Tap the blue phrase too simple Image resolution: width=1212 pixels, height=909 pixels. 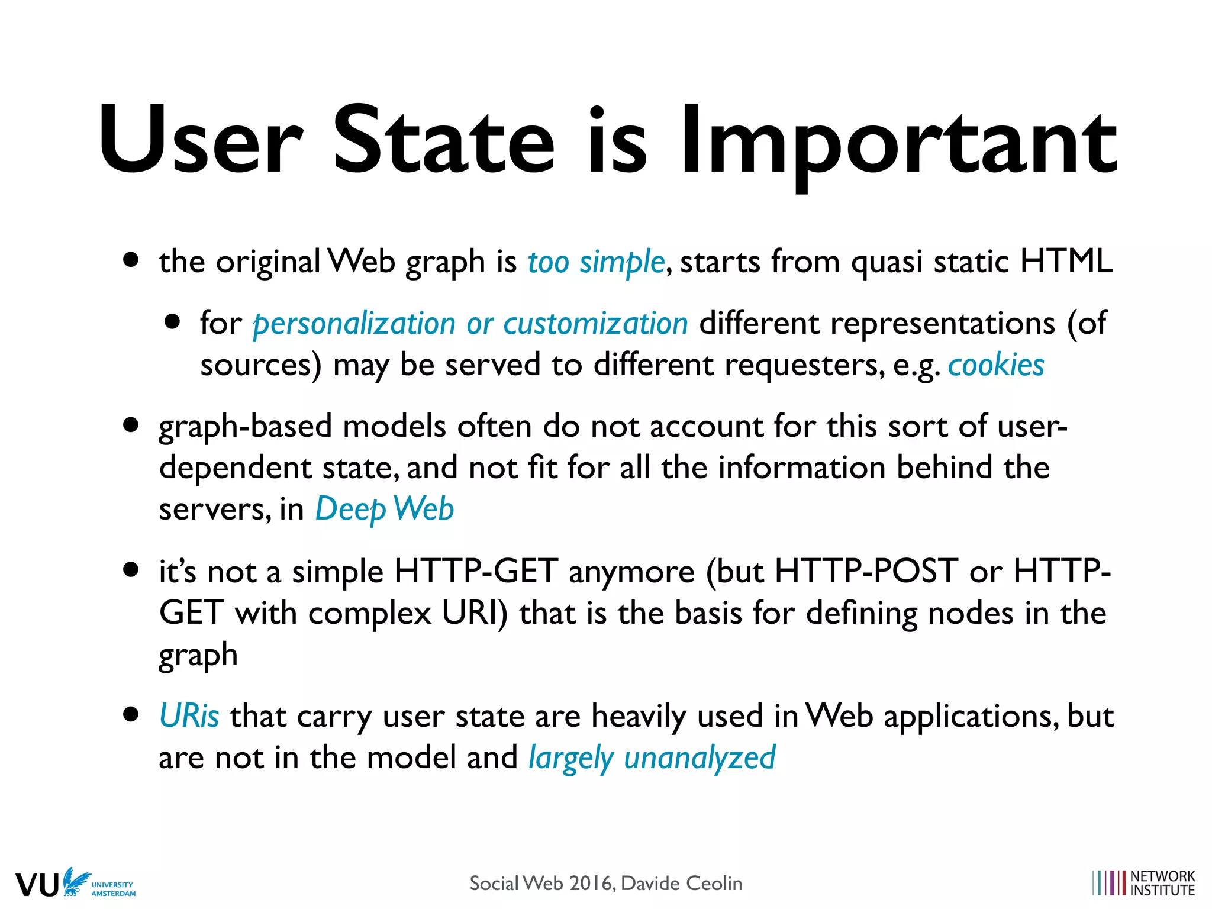[x=596, y=262]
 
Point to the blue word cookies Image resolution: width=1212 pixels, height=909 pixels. [x=996, y=365]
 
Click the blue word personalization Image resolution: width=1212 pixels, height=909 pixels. [x=354, y=324]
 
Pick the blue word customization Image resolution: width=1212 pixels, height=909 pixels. [x=595, y=324]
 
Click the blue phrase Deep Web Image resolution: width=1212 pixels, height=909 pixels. [x=385, y=509]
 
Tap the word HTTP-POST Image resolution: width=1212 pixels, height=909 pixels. [x=866, y=572]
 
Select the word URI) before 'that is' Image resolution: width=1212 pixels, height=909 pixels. [x=475, y=613]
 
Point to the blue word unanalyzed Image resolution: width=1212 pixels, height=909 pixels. [x=700, y=758]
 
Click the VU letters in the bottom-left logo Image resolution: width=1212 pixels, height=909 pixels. [x=37, y=885]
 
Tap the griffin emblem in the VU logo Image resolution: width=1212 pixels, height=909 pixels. [x=76, y=881]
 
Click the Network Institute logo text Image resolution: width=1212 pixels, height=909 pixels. [x=1162, y=883]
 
